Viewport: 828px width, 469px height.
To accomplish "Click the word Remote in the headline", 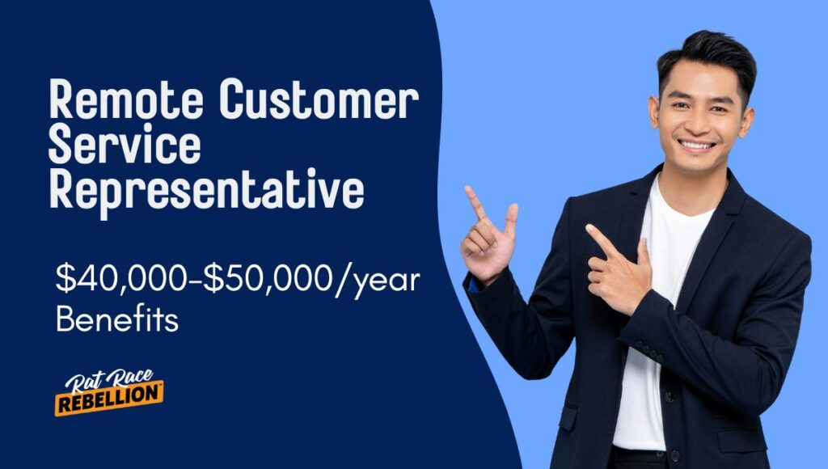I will (128, 103).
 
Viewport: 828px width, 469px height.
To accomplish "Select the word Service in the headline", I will (125, 146).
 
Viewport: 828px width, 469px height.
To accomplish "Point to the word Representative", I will (206, 191).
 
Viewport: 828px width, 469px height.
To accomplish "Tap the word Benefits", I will (117, 320).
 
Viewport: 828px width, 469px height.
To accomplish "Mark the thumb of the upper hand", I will (510, 218).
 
